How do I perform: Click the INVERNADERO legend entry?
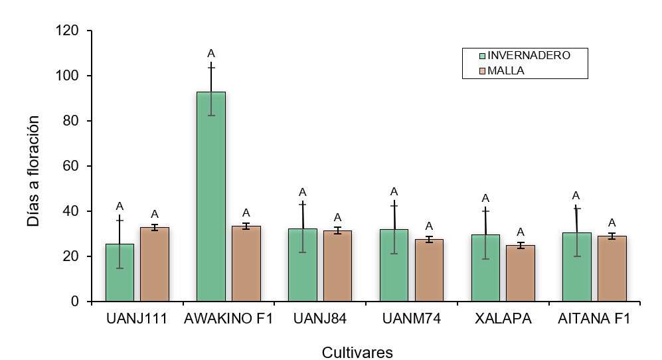[524, 56]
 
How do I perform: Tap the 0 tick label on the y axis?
[75, 302]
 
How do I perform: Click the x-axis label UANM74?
[412, 319]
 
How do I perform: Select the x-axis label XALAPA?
[503, 319]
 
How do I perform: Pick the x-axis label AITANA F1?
[594, 319]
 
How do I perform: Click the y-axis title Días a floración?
[34, 171]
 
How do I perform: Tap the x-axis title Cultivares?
[357, 352]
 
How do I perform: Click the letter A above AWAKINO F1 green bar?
[211, 53]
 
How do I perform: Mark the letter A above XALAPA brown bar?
[521, 232]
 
